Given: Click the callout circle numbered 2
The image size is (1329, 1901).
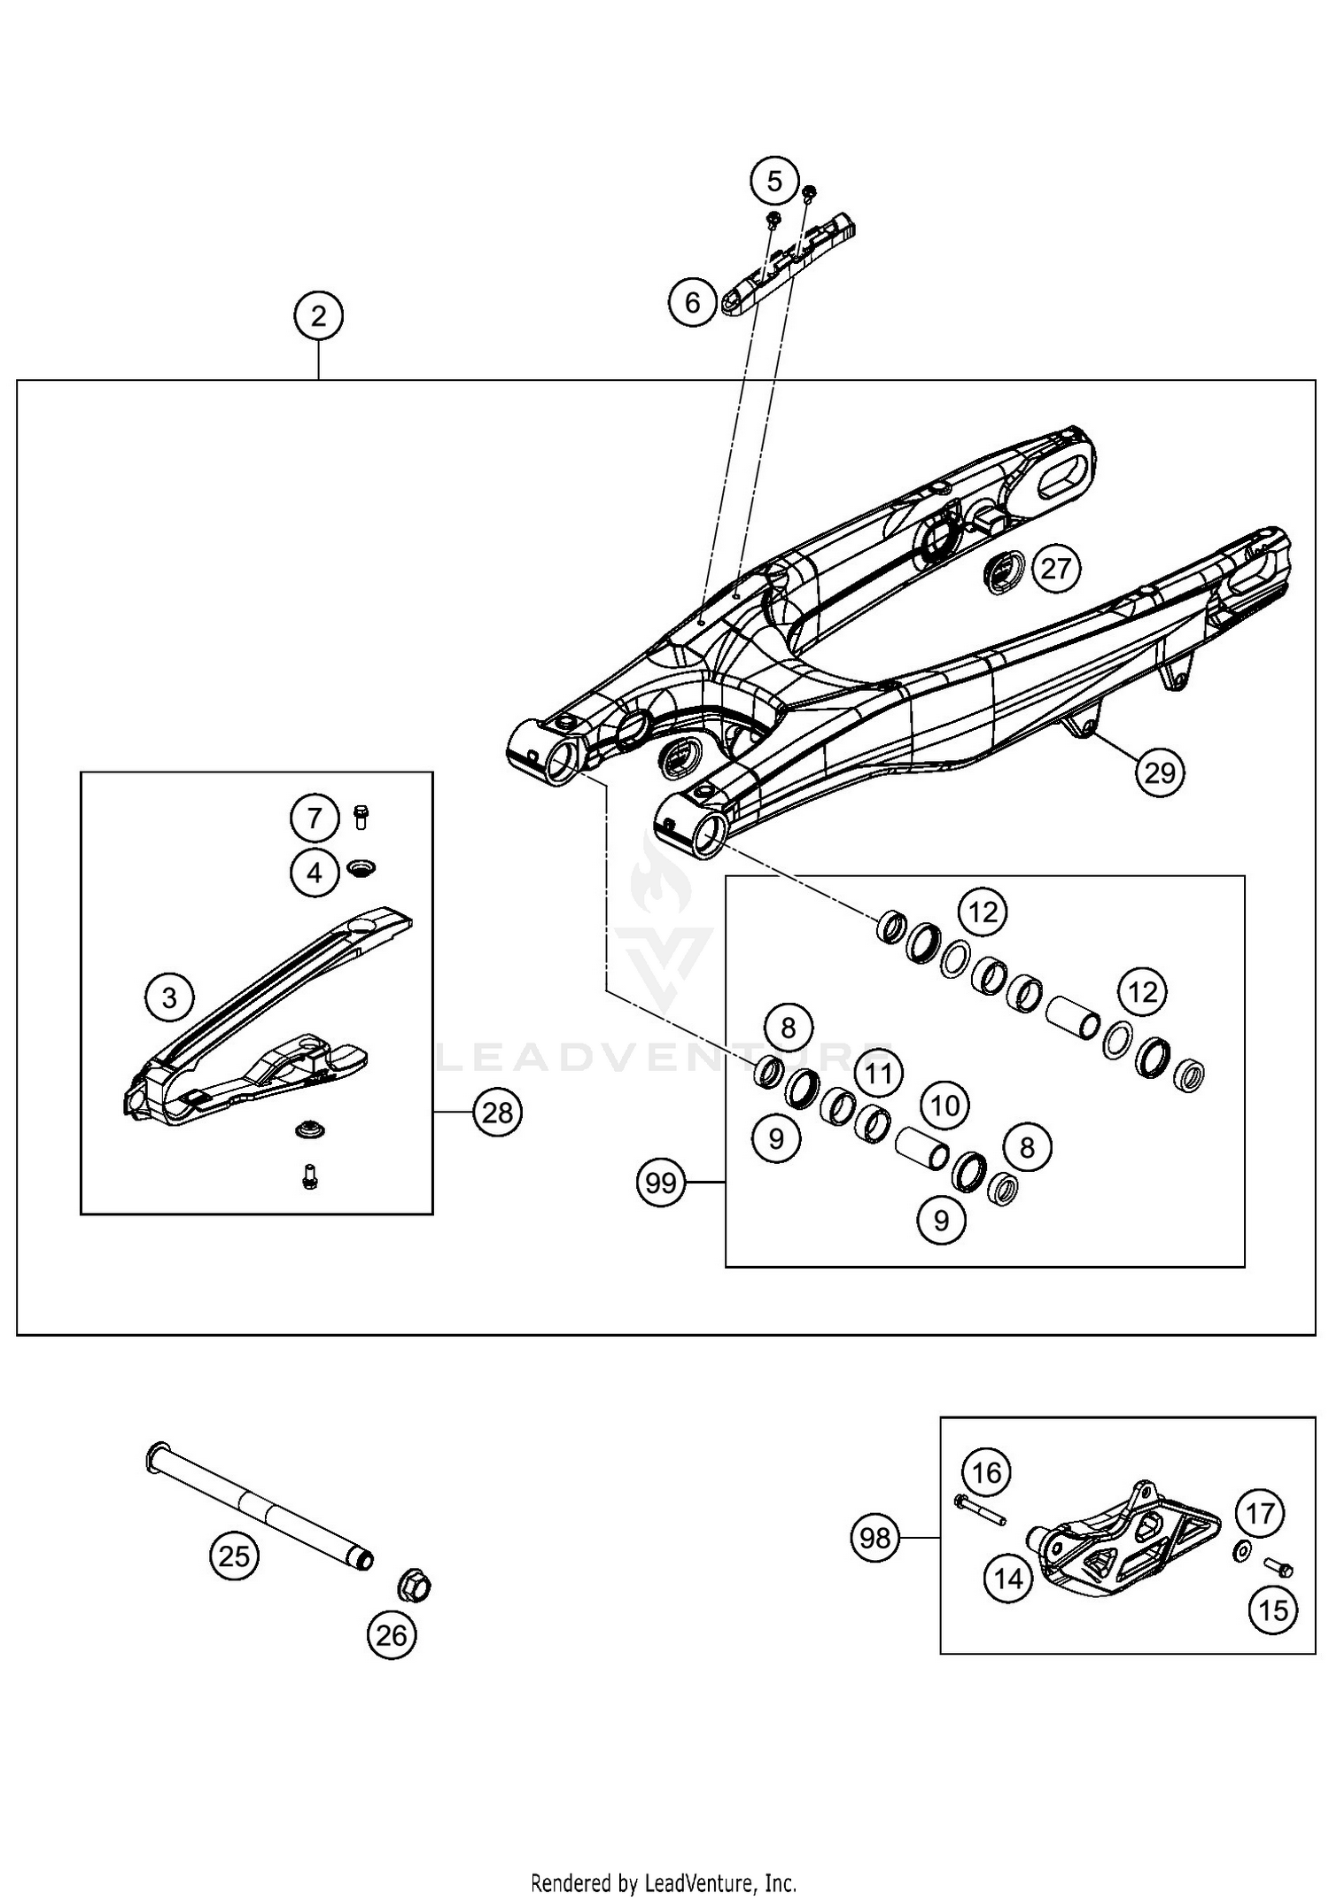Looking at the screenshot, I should coord(318,315).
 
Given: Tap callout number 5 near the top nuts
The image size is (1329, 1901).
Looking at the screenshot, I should coord(774,182).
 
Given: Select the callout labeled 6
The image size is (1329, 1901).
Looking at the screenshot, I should coord(693,302).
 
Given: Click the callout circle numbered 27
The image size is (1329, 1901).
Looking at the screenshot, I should coord(1055,568).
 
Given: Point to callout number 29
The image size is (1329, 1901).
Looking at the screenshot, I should coord(1160,772).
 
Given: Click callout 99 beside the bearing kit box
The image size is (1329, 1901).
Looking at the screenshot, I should coord(661,1183).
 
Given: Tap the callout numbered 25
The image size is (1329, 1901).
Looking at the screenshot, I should coord(234,1556).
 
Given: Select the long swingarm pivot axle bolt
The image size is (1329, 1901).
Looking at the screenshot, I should coord(257,1506).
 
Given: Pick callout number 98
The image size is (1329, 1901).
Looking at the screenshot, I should coord(874,1537).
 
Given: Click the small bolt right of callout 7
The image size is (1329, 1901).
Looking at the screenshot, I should coord(361,816).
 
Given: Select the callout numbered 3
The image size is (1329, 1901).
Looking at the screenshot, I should coord(169,997).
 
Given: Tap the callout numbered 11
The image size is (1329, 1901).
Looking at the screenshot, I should coord(878,1074).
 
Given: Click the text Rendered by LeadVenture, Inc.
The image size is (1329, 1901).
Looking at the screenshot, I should coord(664,1882).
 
